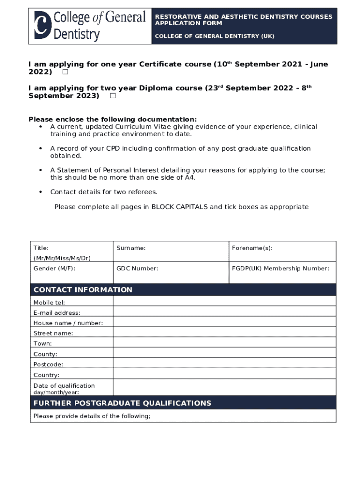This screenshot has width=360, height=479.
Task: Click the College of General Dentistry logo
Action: pyautogui.click(x=90, y=26)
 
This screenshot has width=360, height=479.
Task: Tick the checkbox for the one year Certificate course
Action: pyautogui.click(x=65, y=72)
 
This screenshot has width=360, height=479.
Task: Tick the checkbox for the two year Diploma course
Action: pyautogui.click(x=113, y=96)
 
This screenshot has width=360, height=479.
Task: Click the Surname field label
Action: pyautogui.click(x=131, y=248)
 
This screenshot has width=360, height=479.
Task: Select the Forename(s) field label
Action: pyautogui.click(x=252, y=248)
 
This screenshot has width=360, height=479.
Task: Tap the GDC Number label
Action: pyautogui.click(x=137, y=269)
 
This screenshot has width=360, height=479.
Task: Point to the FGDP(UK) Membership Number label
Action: pyautogui.click(x=281, y=269)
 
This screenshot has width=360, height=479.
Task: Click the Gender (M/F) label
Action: pyautogui.click(x=54, y=269)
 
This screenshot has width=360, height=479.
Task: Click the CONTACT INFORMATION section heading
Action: pyautogui.click(x=83, y=290)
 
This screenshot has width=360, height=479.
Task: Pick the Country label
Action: pyautogui.click(x=46, y=375)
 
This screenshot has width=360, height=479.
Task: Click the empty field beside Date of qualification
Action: pyautogui.click(x=224, y=387)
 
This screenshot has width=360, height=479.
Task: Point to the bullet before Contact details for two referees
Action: pyautogui.click(x=41, y=192)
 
